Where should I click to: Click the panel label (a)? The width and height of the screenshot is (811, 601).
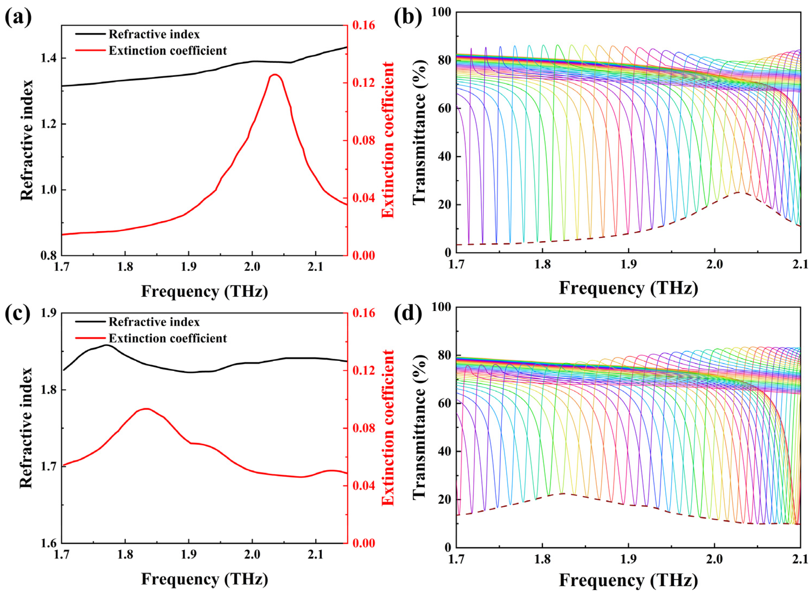(x=18, y=18)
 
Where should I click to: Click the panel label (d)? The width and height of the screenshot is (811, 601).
(x=408, y=313)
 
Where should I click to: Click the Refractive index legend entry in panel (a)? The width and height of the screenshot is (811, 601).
(x=154, y=34)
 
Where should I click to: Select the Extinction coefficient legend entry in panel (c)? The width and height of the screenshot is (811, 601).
(x=167, y=338)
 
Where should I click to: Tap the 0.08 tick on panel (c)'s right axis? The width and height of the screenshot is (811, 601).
(x=364, y=428)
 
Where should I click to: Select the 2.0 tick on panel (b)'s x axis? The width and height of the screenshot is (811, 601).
(x=714, y=264)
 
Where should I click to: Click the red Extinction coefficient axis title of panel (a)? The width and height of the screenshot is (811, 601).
(x=388, y=140)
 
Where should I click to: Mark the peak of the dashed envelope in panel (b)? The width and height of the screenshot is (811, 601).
(x=738, y=192)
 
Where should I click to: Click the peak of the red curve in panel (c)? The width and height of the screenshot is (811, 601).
(x=146, y=409)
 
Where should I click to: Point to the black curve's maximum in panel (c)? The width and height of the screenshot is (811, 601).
(x=105, y=345)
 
